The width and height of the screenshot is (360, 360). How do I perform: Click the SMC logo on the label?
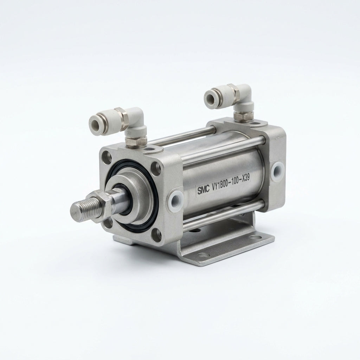tap(204, 189)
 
